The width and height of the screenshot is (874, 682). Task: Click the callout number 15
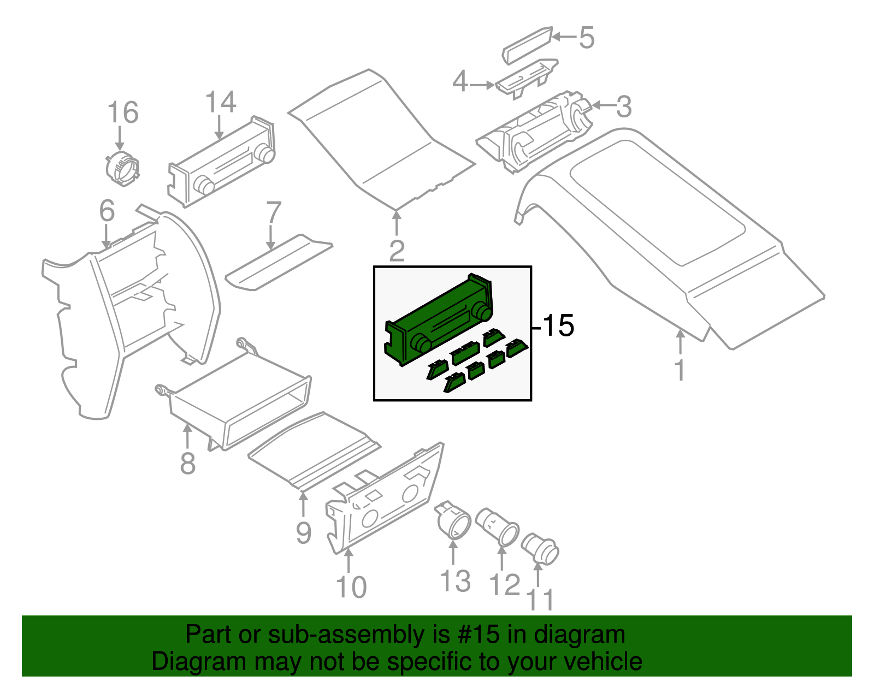[558, 326]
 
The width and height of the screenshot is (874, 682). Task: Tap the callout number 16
[122, 113]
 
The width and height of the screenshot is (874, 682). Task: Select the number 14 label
[221, 103]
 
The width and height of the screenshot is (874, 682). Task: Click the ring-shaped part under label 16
[122, 167]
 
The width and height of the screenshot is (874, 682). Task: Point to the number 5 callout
[586, 38]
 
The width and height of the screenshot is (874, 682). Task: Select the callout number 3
[624, 106]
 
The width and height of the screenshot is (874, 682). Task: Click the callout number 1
[680, 371]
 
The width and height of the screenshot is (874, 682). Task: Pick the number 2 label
[397, 251]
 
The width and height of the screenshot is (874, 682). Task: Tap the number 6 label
[107, 211]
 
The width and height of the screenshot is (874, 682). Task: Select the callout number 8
[187, 464]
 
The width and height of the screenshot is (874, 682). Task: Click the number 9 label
[304, 532]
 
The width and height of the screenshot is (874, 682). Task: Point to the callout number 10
[351, 588]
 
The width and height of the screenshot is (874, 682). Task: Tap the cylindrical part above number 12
[498, 527]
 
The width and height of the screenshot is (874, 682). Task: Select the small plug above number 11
[540, 549]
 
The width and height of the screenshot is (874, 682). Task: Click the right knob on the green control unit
[482, 312]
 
